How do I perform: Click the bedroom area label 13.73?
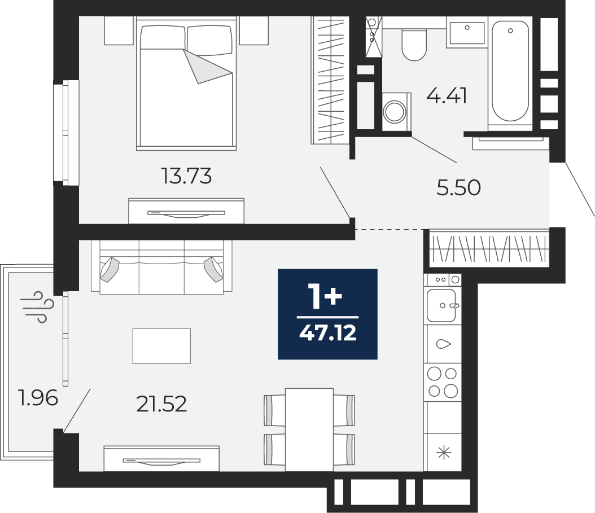(186, 176)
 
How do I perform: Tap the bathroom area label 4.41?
(447, 95)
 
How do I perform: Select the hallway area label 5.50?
(459, 187)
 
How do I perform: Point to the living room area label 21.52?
(161, 404)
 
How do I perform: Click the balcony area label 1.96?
(38, 398)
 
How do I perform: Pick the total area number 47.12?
(328, 334)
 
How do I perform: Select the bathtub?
(510, 71)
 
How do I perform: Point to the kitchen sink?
(441, 305)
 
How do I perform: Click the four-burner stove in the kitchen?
(443, 383)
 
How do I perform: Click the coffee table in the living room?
(161, 346)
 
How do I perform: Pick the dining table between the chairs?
(309, 429)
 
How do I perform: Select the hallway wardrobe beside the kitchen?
(489, 248)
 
